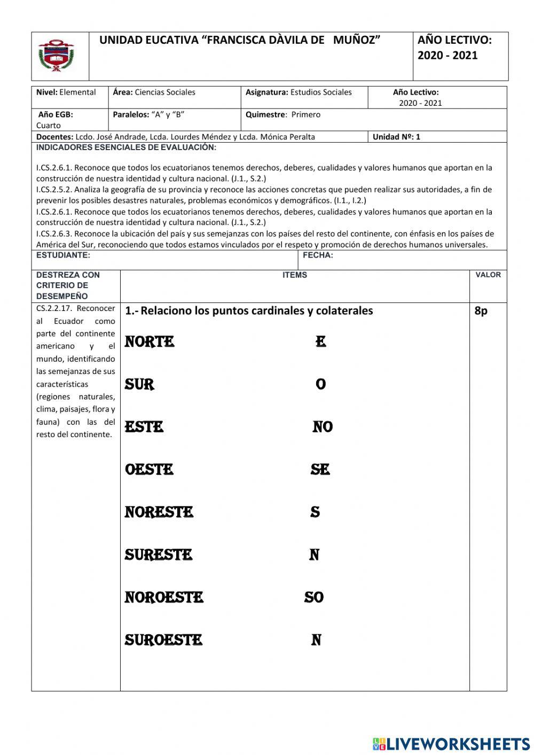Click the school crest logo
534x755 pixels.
tap(56, 56)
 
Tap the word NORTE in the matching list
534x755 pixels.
tap(150, 341)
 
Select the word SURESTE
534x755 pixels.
tap(159, 555)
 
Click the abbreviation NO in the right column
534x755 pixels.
tap(323, 427)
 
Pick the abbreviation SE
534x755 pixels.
tap(320, 469)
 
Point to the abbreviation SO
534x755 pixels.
tap(314, 597)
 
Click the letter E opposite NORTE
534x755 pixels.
tap(320, 341)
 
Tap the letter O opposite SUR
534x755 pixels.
tap(320, 384)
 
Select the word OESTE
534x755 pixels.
tap(149, 469)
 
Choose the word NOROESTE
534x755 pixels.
tap(164, 597)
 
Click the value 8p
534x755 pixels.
tap(481, 310)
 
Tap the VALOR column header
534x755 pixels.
tap(488, 275)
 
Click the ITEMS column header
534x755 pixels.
tap(295, 275)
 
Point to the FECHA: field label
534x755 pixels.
tap(318, 255)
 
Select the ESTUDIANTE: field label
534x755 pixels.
tap(63, 255)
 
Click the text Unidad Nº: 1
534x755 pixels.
tap(396, 137)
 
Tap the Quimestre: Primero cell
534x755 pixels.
tap(283, 114)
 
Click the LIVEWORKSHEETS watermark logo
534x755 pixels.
tap(451, 744)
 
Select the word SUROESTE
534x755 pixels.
tap(163, 640)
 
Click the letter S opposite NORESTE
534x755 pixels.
tap(315, 512)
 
